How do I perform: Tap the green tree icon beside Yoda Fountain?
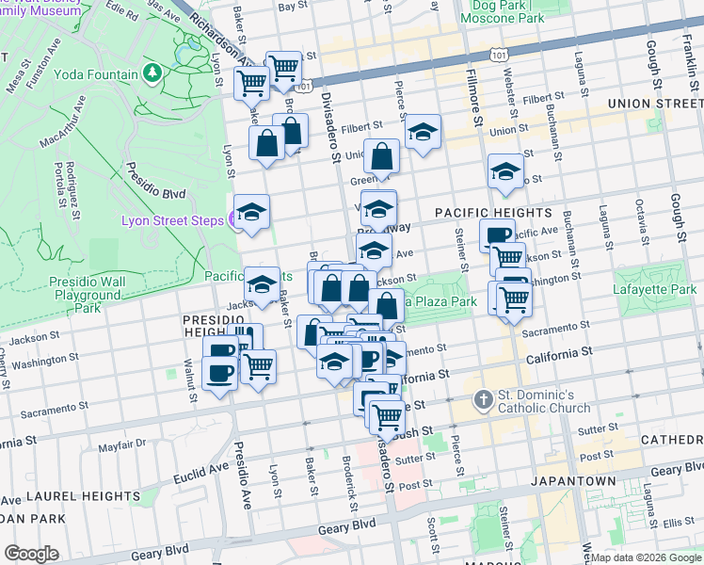tap(152, 73)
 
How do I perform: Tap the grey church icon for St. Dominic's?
tap(483, 399)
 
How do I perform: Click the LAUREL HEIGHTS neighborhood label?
tap(71, 495)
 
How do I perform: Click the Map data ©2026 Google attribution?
tap(646, 557)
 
